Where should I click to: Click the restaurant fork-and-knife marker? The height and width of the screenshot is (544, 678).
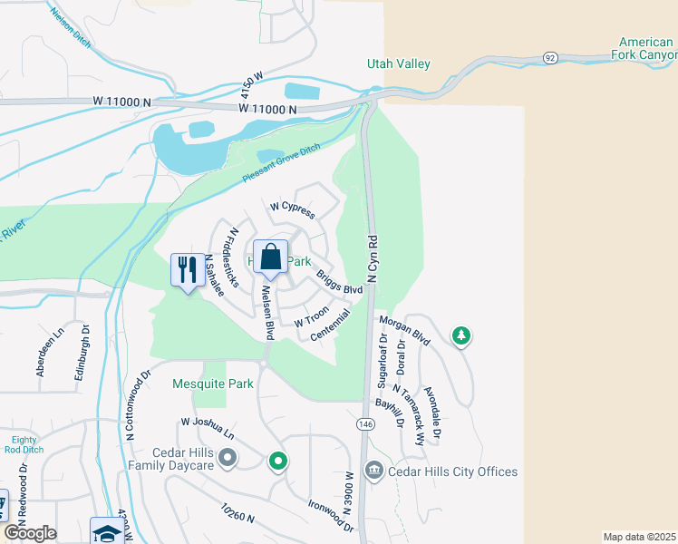[188, 269]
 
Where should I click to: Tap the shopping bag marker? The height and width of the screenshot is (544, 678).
[271, 257]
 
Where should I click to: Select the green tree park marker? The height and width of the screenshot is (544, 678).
[461, 336]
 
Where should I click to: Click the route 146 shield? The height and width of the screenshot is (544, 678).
[365, 424]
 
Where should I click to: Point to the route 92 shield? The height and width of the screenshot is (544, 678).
[549, 57]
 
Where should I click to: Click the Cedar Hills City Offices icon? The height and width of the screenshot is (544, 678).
[373, 471]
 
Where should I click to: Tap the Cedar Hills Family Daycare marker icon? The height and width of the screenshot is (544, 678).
[227, 459]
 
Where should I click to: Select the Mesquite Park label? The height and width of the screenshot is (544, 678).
[213, 384]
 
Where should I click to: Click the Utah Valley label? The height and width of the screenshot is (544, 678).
[398, 64]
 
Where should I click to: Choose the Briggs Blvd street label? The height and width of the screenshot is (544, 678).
[339, 282]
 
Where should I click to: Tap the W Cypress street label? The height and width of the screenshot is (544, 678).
[292, 209]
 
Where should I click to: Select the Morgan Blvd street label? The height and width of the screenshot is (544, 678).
[403, 328]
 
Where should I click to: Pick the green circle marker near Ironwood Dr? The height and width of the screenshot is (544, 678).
[278, 462]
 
